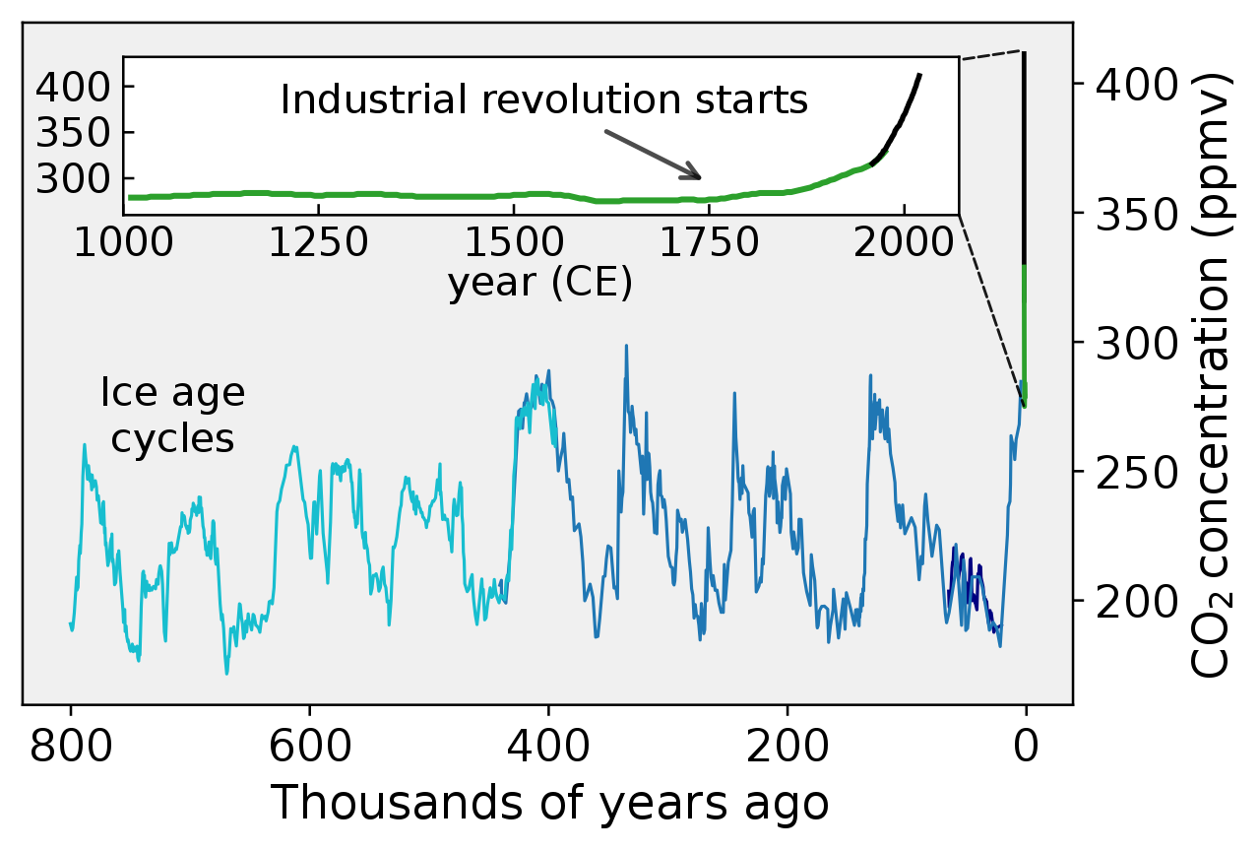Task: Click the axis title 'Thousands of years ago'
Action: tap(548, 804)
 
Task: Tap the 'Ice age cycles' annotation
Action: tap(172, 416)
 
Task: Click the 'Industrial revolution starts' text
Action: tap(543, 100)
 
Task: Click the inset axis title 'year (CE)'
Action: tap(539, 284)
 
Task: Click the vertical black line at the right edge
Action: tap(1025, 158)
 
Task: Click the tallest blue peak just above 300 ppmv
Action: tap(625, 348)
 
